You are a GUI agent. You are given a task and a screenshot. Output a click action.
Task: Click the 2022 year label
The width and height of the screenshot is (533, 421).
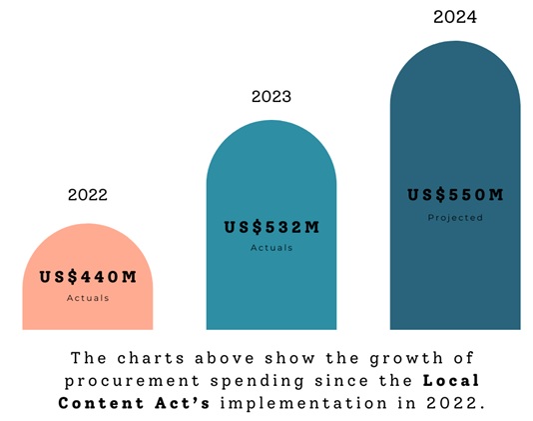point(88,195)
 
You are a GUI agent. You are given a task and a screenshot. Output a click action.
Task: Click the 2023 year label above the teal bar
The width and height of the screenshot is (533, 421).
point(271,96)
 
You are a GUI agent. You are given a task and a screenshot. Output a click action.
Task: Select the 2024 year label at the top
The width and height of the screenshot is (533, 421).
point(455,17)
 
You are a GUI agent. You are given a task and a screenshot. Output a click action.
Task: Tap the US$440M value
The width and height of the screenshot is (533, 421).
point(88,277)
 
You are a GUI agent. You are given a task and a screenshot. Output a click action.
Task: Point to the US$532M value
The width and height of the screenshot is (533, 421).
point(271,227)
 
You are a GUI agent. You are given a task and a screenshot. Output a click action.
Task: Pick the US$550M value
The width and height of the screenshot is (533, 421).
point(455,195)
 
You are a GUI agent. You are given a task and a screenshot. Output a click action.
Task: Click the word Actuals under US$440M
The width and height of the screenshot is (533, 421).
point(88,298)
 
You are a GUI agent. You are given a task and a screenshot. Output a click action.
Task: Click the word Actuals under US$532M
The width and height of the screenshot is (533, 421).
point(271,248)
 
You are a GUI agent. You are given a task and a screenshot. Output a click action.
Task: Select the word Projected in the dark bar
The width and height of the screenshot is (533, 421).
point(455,218)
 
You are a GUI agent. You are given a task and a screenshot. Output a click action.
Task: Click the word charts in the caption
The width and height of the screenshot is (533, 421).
point(151,358)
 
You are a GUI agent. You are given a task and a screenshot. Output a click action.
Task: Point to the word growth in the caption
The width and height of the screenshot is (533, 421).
point(406,358)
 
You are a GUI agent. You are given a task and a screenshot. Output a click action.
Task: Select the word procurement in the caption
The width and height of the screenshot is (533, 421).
point(132,381)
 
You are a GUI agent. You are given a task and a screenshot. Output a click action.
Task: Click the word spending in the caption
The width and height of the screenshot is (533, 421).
point(257,381)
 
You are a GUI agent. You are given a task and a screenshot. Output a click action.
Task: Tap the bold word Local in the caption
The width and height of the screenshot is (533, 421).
point(451,380)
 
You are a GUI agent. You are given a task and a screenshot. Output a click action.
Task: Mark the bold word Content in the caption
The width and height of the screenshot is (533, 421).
point(101,403)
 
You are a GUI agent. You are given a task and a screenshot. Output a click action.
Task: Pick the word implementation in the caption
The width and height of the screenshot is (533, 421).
point(303,404)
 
